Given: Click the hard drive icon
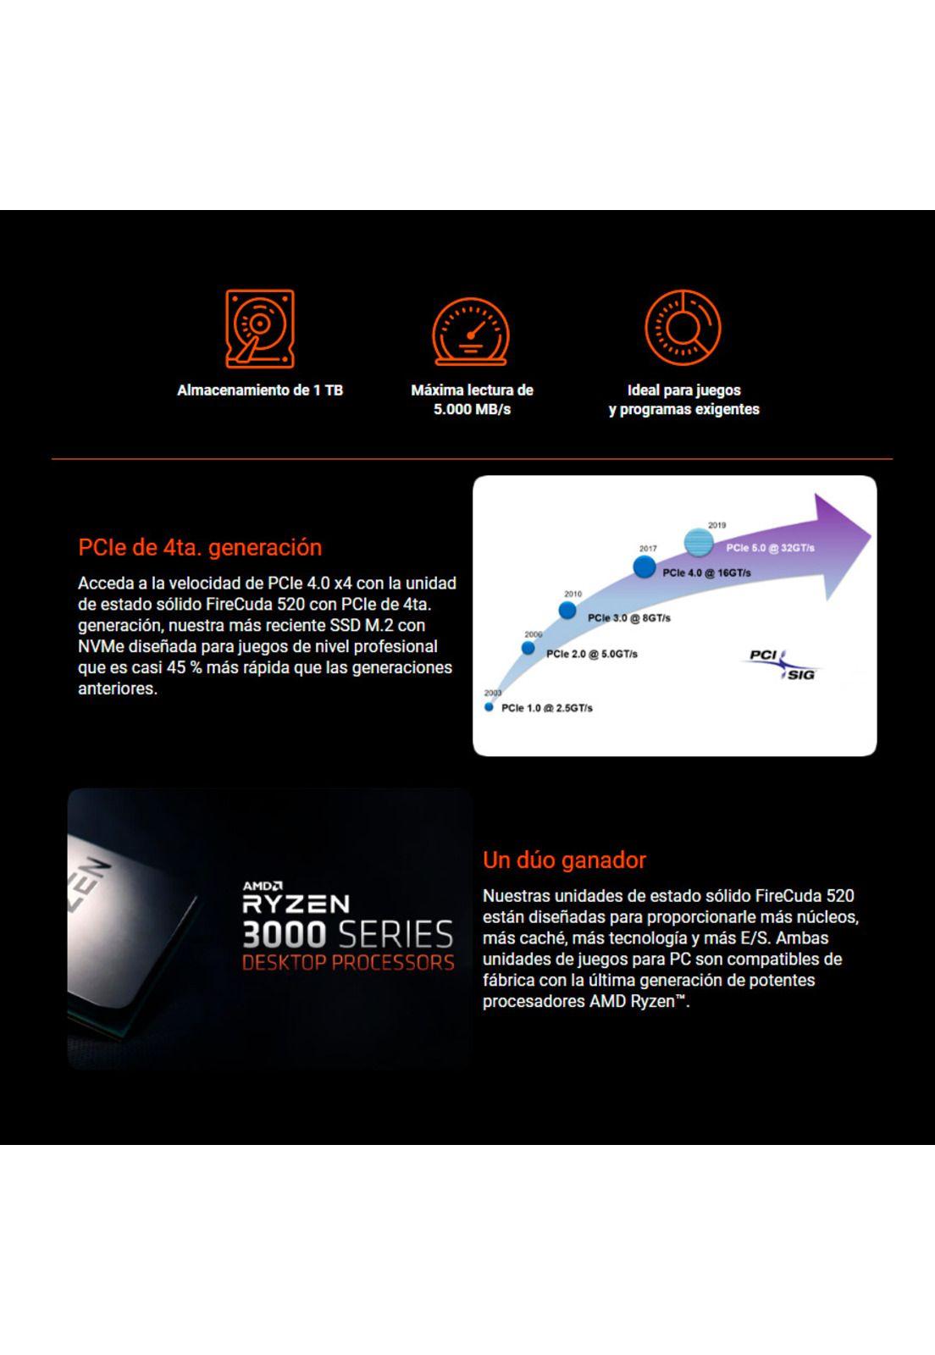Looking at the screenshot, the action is click(x=260, y=329).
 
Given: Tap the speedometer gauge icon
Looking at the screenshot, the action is click(x=471, y=332).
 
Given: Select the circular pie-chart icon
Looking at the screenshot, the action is click(x=683, y=327).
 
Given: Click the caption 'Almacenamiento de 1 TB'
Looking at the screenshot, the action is click(x=260, y=390).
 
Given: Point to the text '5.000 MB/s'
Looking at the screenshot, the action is click(x=472, y=410).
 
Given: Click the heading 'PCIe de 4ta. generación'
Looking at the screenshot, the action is click(x=200, y=547).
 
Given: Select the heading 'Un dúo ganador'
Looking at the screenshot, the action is click(x=564, y=860).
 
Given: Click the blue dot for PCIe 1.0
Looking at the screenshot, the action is click(x=489, y=707).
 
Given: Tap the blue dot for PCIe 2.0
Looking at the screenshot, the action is click(x=528, y=648).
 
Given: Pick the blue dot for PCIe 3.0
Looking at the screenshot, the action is click(x=567, y=611).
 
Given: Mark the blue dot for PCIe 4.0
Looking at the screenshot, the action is click(x=645, y=567).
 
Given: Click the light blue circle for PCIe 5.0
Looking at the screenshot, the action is click(x=699, y=542).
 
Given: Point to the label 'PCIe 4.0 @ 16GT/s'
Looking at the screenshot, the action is click(x=706, y=572).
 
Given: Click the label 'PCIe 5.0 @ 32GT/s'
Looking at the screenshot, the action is click(x=770, y=548).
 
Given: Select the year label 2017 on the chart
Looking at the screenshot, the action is click(x=648, y=549).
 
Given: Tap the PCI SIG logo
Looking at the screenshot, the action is click(x=781, y=664).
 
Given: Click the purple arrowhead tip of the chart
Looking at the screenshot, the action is click(x=871, y=536).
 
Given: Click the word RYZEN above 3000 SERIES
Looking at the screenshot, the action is click(x=296, y=904).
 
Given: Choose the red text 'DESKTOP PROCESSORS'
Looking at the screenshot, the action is click(x=348, y=962).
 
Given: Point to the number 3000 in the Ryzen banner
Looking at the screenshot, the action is click(x=284, y=935).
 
